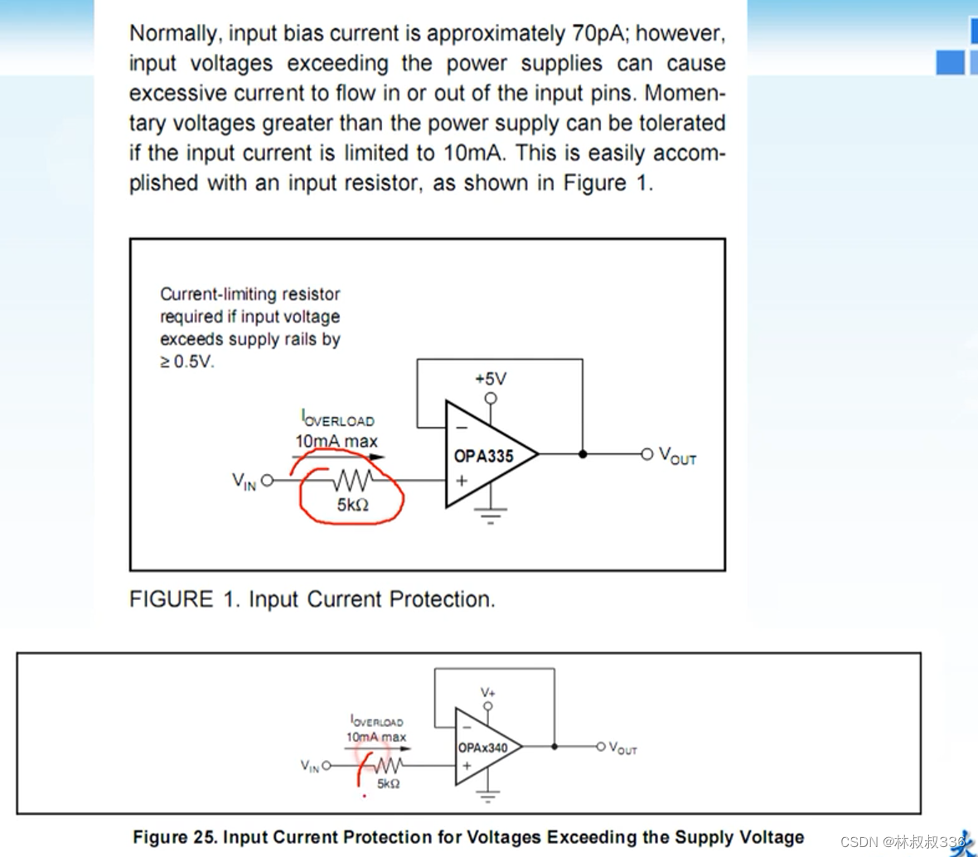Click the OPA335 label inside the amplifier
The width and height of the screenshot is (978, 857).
pos(483,457)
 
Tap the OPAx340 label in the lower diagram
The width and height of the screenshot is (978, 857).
pos(482,748)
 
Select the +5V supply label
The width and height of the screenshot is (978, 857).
pos(491,379)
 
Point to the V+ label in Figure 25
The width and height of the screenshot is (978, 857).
pos(487,692)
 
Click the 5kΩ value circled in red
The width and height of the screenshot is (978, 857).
pos(353,505)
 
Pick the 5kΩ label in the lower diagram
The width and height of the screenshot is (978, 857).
pos(388,783)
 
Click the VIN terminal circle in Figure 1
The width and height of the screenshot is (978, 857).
pos(267,480)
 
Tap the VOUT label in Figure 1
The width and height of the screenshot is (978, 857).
pos(677,455)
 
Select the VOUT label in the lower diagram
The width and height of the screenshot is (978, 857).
pos(622,748)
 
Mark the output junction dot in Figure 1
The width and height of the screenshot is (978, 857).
pos(583,454)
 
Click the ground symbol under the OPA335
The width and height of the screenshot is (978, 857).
pos(491,516)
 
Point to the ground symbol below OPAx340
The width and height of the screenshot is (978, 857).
pos(487,795)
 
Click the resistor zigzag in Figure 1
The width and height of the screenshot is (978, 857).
pos(353,480)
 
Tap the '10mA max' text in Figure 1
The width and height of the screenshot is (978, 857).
pos(336,441)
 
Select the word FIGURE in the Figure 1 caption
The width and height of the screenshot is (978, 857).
pos(171,598)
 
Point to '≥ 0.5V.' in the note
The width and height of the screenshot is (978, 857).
pos(187,361)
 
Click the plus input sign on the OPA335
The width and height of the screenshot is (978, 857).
pos(462,480)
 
